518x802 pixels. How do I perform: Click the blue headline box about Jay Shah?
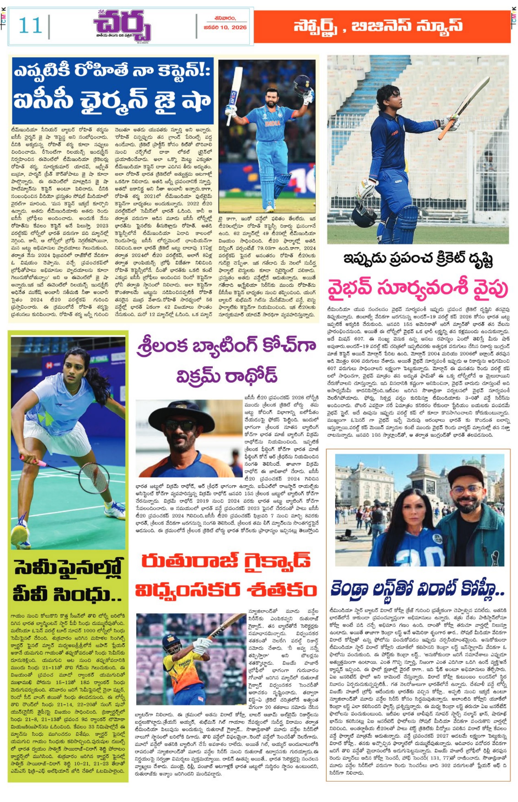click(113, 91)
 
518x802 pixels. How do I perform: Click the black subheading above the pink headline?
click(418, 260)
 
